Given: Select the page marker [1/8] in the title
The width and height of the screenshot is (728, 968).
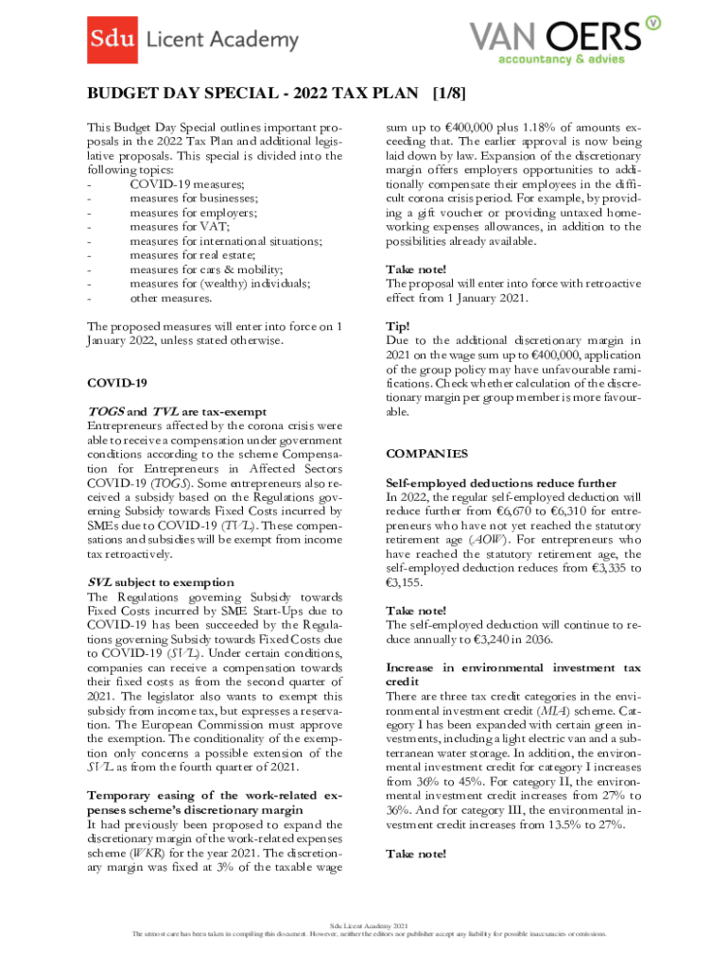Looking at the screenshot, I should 448,95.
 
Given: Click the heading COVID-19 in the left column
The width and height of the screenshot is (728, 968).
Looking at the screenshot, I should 117,383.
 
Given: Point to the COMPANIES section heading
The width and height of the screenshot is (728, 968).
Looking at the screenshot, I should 426,454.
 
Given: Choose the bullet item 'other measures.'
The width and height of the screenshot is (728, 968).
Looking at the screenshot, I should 170,299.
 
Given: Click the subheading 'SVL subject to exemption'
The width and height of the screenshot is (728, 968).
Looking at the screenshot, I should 160,582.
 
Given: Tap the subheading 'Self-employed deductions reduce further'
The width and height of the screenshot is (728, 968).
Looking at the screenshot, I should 501,483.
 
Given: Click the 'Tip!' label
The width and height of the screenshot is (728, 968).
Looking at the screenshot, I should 398,325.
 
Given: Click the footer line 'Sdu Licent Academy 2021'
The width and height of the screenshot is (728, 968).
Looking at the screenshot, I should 369,924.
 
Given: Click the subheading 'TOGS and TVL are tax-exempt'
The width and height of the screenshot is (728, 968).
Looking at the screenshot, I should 177,412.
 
